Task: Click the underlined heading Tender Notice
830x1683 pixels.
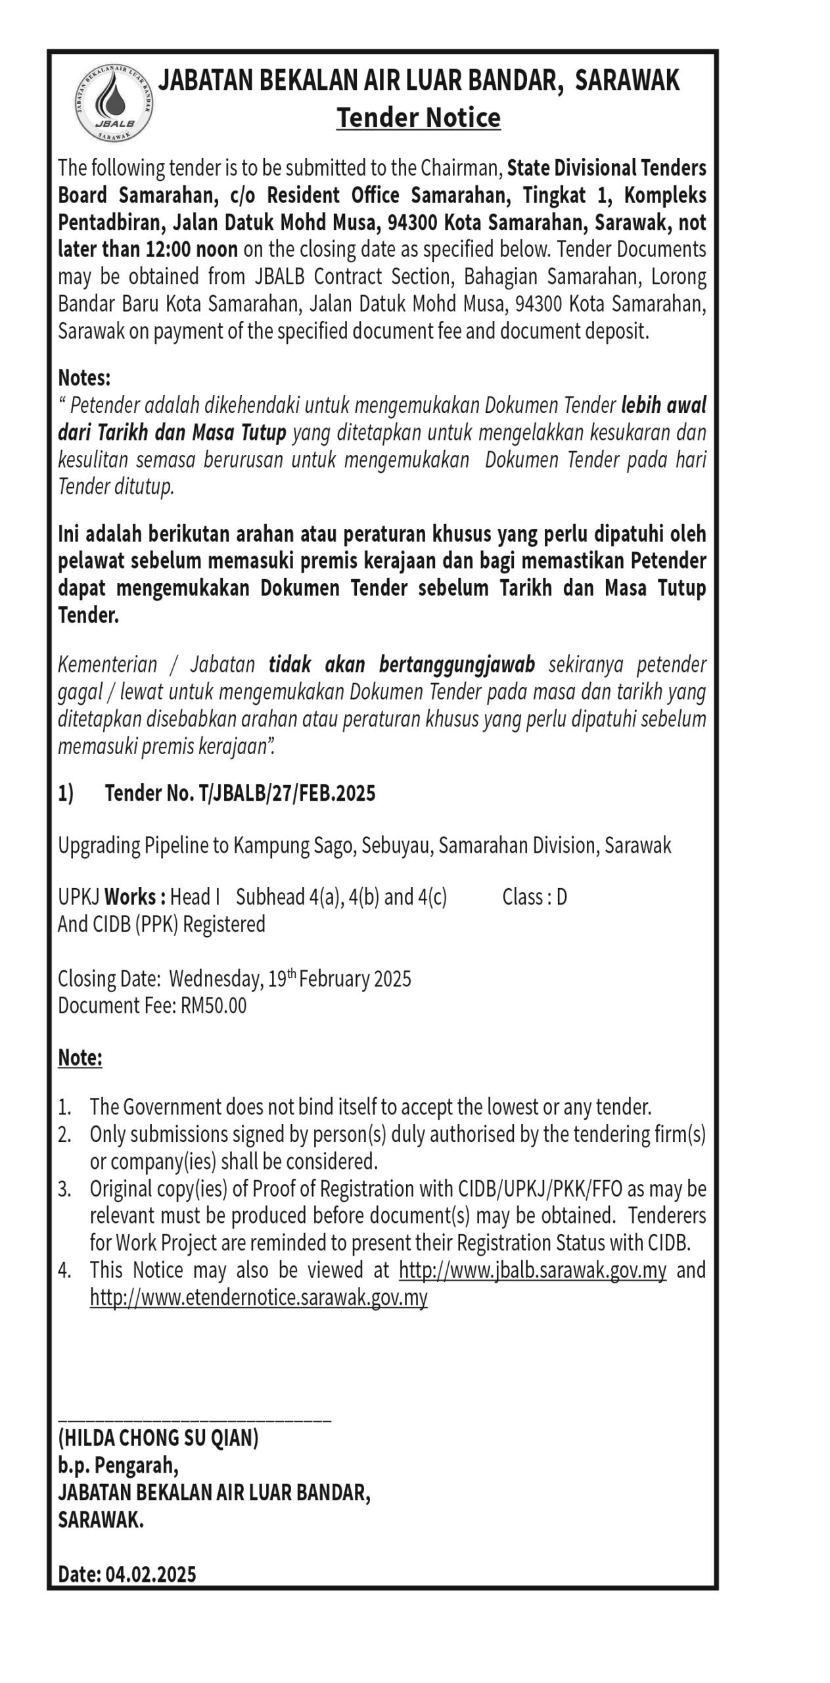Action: (x=418, y=118)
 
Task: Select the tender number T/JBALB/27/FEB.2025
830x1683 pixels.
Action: (x=287, y=794)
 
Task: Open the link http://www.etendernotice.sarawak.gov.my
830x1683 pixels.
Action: (x=258, y=1297)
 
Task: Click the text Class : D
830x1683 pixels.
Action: (x=534, y=897)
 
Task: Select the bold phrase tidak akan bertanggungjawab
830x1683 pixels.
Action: (x=402, y=665)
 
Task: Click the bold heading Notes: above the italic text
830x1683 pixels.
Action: (x=84, y=378)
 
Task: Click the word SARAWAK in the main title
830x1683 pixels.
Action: (x=627, y=81)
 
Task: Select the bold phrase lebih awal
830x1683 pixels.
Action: (x=663, y=405)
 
